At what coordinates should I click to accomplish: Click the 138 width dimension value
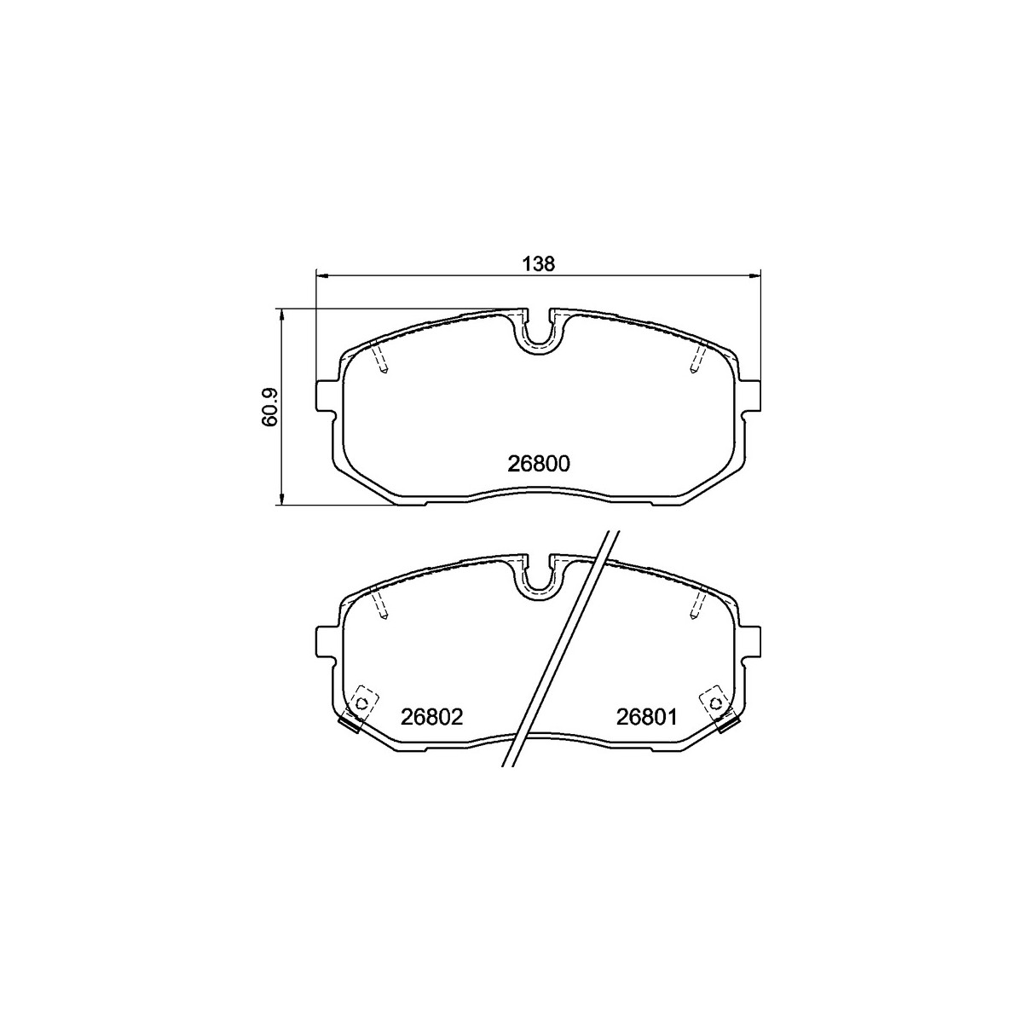(x=538, y=263)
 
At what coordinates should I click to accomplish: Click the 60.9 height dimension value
(x=269, y=407)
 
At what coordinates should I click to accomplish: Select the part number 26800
(x=538, y=464)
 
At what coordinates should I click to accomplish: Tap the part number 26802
(x=432, y=717)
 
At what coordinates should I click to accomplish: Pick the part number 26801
(x=646, y=717)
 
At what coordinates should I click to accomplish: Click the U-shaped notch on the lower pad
(x=539, y=584)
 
